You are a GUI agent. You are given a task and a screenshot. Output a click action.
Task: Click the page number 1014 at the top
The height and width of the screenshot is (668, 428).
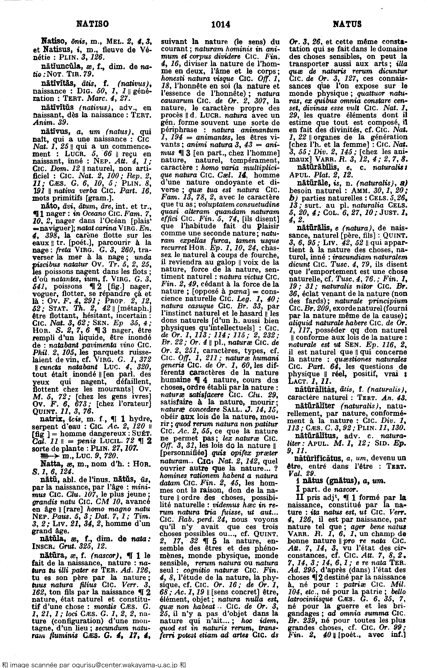(x=221, y=25)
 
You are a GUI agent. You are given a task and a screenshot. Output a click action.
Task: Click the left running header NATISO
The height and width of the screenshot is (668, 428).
(x=92, y=24)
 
